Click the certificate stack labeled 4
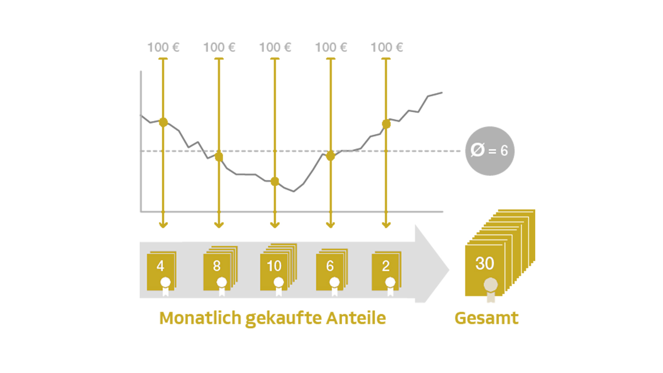[162, 271]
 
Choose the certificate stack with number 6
[332, 270]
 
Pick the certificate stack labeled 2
[387, 271]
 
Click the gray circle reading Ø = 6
[490, 151]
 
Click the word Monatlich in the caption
[200, 318]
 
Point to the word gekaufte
[284, 319]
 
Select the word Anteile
[356, 318]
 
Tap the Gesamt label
[487, 318]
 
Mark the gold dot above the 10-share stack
[274, 181]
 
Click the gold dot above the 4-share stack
[163, 122]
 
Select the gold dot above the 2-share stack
[386, 124]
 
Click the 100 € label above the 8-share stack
[219, 47]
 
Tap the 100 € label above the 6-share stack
[331, 47]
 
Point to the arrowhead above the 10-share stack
[274, 225]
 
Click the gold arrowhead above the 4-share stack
[163, 225]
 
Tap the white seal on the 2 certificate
[390, 286]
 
